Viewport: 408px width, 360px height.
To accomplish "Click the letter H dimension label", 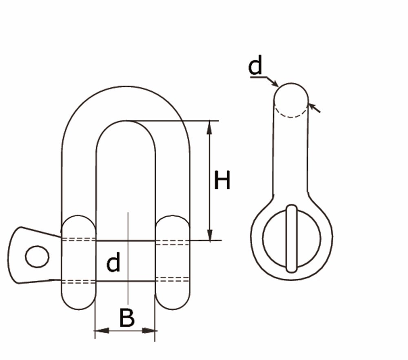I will [x=222, y=181].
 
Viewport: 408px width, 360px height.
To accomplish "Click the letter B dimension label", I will [x=127, y=318].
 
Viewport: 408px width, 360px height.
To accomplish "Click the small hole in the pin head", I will [x=37, y=257].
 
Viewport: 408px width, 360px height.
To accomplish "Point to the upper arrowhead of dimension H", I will [x=210, y=127].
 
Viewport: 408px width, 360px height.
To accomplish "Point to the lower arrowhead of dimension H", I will [x=210, y=234].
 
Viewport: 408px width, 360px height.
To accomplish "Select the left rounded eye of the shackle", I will [x=78, y=262].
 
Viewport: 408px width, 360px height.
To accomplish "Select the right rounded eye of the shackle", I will [x=173, y=262].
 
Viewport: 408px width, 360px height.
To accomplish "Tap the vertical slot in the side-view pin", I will [x=291, y=239].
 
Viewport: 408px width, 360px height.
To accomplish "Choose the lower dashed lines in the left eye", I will [x=78, y=281].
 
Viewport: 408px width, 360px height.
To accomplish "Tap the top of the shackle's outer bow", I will [x=126, y=87].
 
